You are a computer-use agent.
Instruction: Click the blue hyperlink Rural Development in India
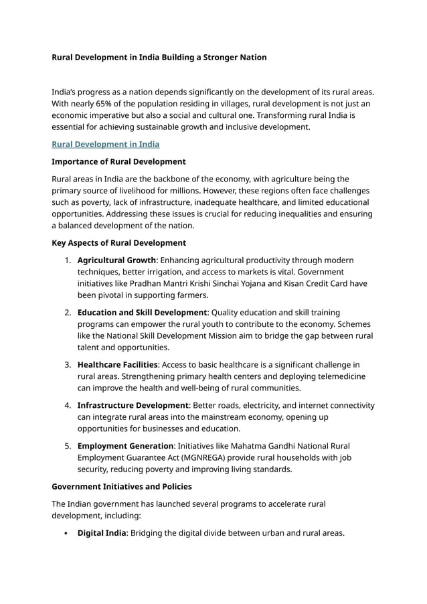105,144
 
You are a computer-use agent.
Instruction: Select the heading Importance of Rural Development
118,161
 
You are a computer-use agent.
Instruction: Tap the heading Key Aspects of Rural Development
118,242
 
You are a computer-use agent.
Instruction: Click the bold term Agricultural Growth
116,260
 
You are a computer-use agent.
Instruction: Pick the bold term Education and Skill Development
142,312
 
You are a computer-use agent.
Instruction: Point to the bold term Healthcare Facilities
118,364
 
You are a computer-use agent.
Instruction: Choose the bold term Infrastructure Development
133,405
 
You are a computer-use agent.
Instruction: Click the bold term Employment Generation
125,446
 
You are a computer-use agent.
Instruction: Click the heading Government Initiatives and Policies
121,487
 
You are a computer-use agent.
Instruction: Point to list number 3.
68,364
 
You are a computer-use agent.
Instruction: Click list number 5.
68,446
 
